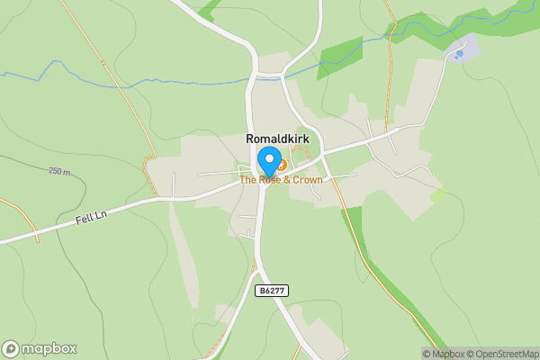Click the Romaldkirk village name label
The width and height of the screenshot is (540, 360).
277,139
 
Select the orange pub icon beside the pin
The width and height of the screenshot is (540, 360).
281,165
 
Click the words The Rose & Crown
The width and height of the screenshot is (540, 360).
281,180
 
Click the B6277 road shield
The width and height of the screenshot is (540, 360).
272,290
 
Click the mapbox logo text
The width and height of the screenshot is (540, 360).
49,348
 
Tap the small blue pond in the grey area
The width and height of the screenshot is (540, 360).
460,54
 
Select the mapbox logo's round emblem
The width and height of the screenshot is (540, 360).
12,348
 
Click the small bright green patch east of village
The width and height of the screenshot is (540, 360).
438,193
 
